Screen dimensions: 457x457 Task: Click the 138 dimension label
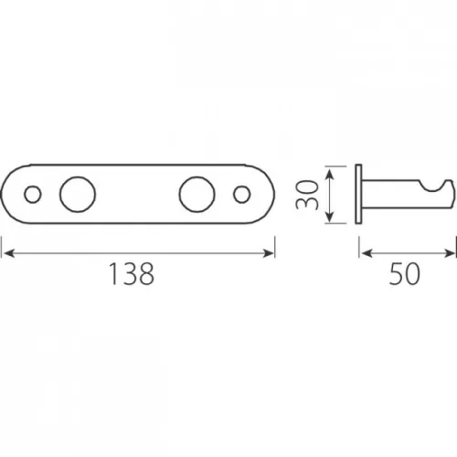[132, 274]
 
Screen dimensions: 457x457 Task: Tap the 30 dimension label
[307, 195]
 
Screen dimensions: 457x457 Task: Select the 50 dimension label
[405, 274]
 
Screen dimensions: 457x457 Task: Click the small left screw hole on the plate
[33, 195]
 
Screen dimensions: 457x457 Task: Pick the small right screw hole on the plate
[242, 195]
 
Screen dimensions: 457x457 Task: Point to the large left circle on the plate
[78, 195]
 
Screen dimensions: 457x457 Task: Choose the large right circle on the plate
[197, 195]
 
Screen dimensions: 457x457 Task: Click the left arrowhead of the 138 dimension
[9, 253]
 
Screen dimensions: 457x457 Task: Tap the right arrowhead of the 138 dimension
[268, 253]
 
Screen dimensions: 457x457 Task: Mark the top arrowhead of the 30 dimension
[330, 175]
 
